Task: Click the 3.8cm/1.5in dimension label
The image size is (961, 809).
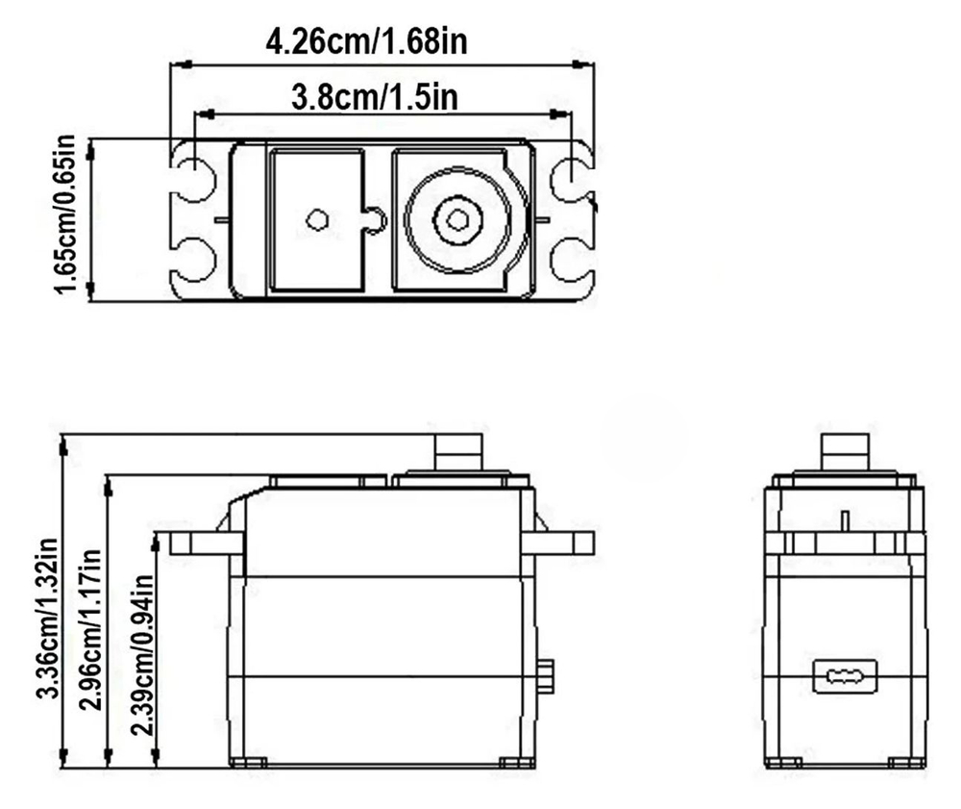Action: [x=374, y=96]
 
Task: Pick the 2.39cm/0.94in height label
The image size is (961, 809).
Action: [x=142, y=654]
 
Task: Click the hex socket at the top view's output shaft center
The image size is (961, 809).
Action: [x=457, y=220]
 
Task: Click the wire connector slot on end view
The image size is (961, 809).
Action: [x=845, y=677]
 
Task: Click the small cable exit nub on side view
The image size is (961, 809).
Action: [x=546, y=675]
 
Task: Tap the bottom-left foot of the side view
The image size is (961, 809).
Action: [x=248, y=763]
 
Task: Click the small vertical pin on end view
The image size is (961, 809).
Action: [x=845, y=520]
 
